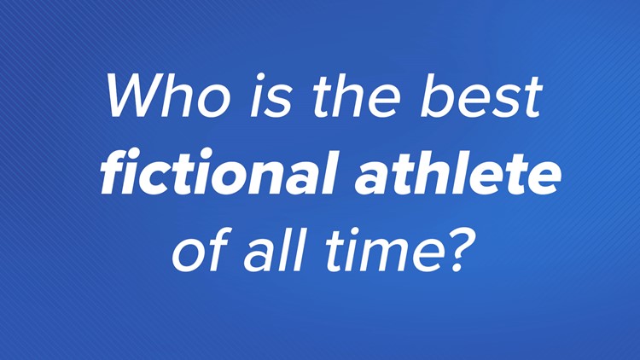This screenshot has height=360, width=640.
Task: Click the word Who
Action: (x=168, y=96)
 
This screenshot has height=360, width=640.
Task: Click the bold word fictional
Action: (x=218, y=172)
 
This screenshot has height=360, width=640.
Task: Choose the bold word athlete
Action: (x=457, y=172)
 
